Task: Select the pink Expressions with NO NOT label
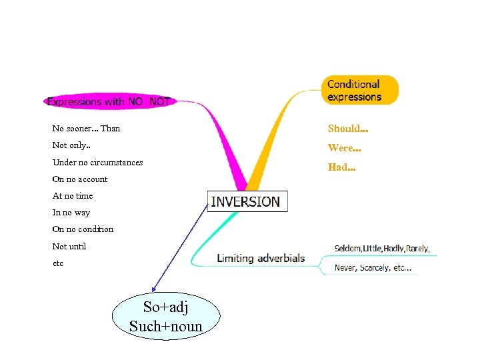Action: pyautogui.click(x=109, y=101)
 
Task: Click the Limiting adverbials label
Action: pyautogui.click(x=261, y=258)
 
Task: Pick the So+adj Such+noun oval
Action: pyautogui.click(x=166, y=317)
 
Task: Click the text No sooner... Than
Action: pyautogui.click(x=86, y=129)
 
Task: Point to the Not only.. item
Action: pyautogui.click(x=72, y=145)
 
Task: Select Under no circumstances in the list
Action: pyautogui.click(x=97, y=162)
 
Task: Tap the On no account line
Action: pyautogui.click(x=79, y=179)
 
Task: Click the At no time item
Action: pyautogui.click(x=73, y=196)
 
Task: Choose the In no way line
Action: pyautogui.click(x=71, y=213)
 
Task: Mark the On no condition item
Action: pyautogui.click(x=83, y=229)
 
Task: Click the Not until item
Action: pyautogui.click(x=69, y=246)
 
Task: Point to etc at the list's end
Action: pyautogui.click(x=58, y=263)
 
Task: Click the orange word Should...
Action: pyautogui.click(x=348, y=129)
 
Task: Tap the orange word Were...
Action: pyautogui.click(x=344, y=148)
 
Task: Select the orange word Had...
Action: pyautogui.click(x=341, y=167)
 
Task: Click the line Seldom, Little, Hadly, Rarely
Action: pyautogui.click(x=382, y=249)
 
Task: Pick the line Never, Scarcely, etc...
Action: pyautogui.click(x=373, y=269)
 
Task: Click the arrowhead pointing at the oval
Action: pyautogui.click(x=154, y=289)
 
